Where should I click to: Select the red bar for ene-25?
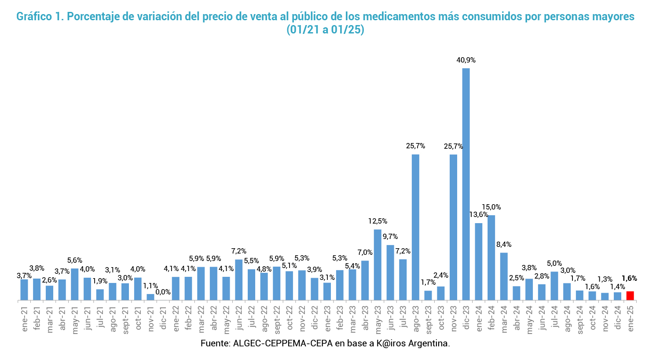point(630,296)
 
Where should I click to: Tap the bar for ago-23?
point(415,227)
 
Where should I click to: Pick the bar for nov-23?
point(453,227)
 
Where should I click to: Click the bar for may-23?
point(378,264)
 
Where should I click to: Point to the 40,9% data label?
point(466,60)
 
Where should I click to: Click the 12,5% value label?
point(378,221)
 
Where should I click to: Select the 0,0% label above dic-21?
point(163,292)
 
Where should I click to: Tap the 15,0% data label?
point(491,207)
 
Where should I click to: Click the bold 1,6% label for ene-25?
point(629,279)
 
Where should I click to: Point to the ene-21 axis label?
point(24,319)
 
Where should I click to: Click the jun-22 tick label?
point(238,319)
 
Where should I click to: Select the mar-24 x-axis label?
point(504,319)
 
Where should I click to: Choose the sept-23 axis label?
point(428,321)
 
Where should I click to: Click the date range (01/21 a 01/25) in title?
point(325,30)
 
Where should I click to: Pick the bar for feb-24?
point(491,257)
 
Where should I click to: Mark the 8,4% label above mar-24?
point(504,245)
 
